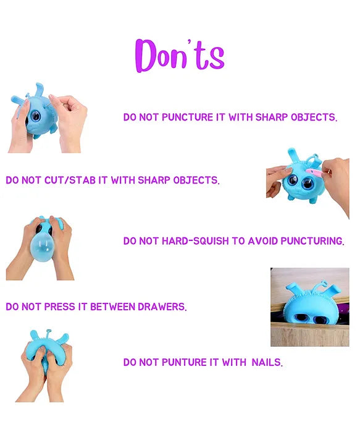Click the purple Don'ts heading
click(x=180, y=56)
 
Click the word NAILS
click(x=267, y=362)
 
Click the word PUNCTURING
click(x=312, y=241)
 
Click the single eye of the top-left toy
click(x=36, y=116)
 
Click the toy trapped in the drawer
click(x=312, y=305)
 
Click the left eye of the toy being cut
click(x=292, y=180)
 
